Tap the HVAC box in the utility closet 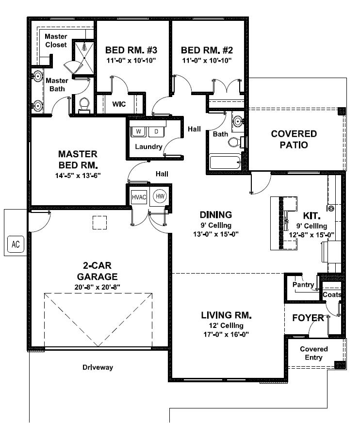[138, 197]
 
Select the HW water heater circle [159, 196]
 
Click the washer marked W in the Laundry [138, 131]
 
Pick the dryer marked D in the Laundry [156, 131]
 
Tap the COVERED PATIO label [294, 139]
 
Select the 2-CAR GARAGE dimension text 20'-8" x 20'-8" [98, 287]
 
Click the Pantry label [303, 285]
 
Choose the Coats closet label [332, 294]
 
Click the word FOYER [308, 318]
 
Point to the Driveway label [97, 367]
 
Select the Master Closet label [56, 41]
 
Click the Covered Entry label [313, 353]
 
